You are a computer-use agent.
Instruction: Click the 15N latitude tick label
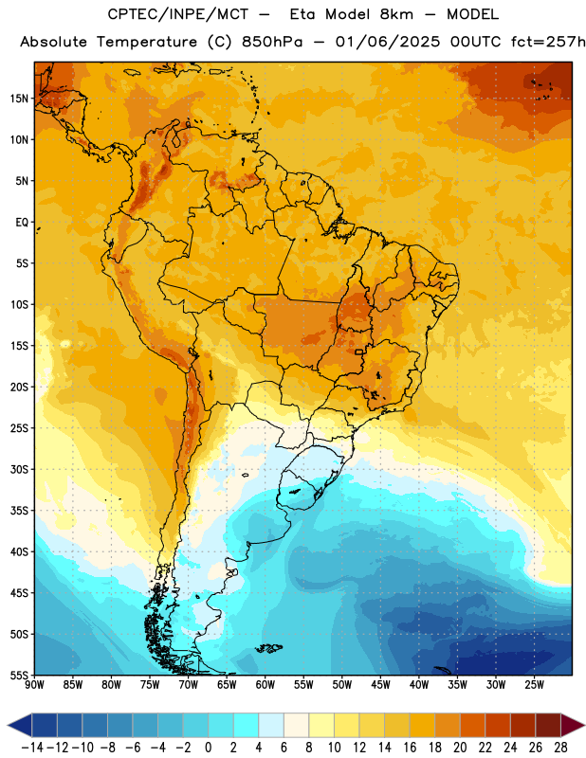pos(19,99)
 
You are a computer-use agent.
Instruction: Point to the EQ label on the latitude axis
pos(22,223)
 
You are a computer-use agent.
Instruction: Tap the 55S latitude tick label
pos(19,675)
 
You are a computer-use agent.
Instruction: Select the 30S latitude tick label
pos(19,469)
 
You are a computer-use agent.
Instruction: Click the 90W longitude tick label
pos(34,685)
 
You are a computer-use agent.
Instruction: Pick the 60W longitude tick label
pos(266,685)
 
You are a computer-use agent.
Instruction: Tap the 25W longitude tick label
pos(534,685)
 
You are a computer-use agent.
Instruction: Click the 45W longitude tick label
pos(380,685)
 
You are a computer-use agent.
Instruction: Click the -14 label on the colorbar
pos(32,748)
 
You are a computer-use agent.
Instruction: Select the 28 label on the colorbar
pos(560,748)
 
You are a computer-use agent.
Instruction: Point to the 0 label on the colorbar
pos(208,748)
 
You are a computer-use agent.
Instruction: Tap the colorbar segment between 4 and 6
pos(271,725)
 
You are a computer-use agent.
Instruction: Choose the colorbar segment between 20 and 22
pos(472,725)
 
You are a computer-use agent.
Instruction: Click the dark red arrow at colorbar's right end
pos(573,725)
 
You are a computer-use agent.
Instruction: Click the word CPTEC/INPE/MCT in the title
pos(178,14)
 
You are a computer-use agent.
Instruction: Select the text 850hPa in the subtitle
pos(272,42)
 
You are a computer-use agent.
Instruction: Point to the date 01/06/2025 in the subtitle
pos(388,42)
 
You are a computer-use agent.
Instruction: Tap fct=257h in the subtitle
pos(548,42)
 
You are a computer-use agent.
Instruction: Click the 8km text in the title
pos(396,14)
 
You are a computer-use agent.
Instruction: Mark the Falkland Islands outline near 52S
pos(268,648)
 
